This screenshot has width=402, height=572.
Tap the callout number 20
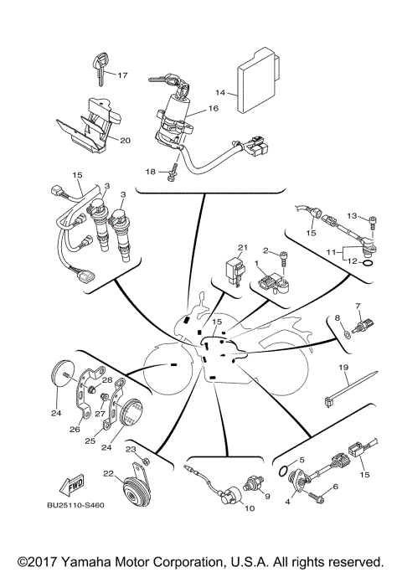pos(125,140)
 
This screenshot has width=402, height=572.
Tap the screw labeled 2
pos(286,261)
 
